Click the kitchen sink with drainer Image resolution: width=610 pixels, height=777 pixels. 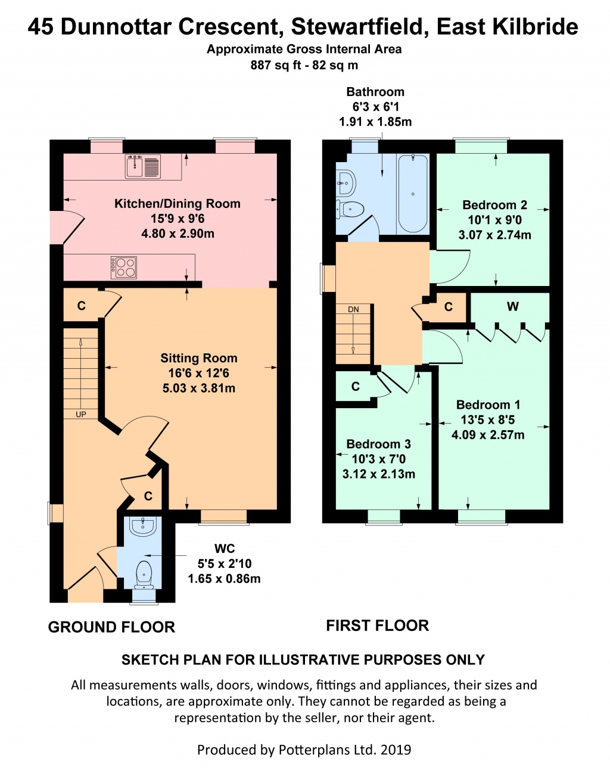point(143,166)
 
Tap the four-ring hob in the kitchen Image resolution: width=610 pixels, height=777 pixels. point(124,268)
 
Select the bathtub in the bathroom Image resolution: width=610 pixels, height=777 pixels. point(413,194)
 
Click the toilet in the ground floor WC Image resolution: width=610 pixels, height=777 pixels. point(144,574)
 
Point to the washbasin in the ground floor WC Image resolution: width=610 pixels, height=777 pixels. point(142,526)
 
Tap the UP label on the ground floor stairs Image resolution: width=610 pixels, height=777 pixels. point(81,415)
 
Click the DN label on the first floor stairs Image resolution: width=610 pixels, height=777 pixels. point(353,309)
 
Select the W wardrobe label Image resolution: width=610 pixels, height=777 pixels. point(512,306)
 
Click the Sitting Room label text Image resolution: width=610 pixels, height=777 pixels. point(199,358)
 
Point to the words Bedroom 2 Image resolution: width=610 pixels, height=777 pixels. point(494,205)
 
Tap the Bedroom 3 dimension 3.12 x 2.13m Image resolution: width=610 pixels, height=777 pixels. point(379,474)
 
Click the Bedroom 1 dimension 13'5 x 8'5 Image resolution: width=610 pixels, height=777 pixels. point(488,420)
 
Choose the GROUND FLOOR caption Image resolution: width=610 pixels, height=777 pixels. point(111,627)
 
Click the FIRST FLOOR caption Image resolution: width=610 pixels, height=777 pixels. point(377,626)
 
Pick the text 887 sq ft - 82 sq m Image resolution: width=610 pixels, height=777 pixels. point(304,66)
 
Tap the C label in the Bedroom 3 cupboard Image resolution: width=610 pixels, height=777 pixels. point(355,387)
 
